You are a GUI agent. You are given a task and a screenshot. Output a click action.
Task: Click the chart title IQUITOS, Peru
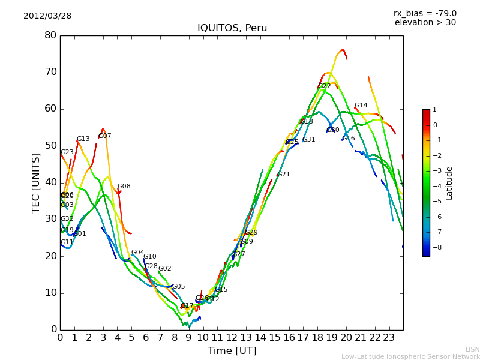point(232,28)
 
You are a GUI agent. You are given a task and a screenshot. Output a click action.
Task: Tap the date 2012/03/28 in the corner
point(47,16)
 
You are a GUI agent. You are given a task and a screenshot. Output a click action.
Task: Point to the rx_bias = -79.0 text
point(425,13)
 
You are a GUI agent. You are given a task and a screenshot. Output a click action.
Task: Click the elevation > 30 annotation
point(425,23)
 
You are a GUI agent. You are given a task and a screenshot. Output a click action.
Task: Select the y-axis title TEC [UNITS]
point(36,183)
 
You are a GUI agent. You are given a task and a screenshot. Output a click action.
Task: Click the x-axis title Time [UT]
point(232,350)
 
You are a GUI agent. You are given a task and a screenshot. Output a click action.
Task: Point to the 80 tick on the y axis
point(50,35)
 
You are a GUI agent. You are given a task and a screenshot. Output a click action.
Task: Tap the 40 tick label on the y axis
point(50,182)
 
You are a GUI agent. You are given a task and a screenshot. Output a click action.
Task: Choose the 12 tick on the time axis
point(232,338)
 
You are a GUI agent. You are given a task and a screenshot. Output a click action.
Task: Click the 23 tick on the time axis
point(389,338)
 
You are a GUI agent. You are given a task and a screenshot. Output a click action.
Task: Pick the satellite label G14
point(361,106)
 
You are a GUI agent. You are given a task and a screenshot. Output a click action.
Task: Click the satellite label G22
point(325,86)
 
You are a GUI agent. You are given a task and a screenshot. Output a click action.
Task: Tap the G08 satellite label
point(124,187)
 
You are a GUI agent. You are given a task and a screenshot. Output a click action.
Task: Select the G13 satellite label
point(83,139)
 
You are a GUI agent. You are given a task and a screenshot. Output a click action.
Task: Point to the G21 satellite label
point(283,175)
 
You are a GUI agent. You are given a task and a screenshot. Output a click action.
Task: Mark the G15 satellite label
point(221,290)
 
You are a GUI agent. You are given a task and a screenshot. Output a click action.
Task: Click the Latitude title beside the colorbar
point(449,183)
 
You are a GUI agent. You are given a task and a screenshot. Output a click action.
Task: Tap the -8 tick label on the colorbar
point(435,247)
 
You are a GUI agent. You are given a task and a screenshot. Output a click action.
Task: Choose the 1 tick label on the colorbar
point(434,110)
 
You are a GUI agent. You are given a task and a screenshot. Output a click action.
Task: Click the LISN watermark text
point(472,349)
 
